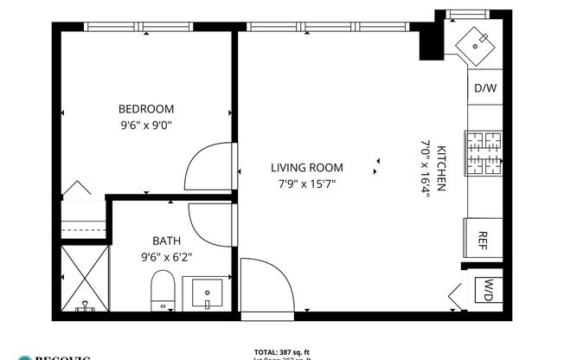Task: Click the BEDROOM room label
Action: click(x=145, y=109)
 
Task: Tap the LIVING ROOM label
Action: click(x=306, y=168)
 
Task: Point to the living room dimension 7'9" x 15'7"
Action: click(x=306, y=183)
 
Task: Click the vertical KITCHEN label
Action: click(x=441, y=168)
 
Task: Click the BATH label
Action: click(x=166, y=241)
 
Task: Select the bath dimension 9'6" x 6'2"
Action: click(x=166, y=256)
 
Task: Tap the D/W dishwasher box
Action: click(x=484, y=88)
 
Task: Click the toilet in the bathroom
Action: click(x=163, y=290)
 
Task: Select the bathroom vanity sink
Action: click(x=208, y=293)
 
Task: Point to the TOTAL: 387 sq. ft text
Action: click(x=282, y=351)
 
